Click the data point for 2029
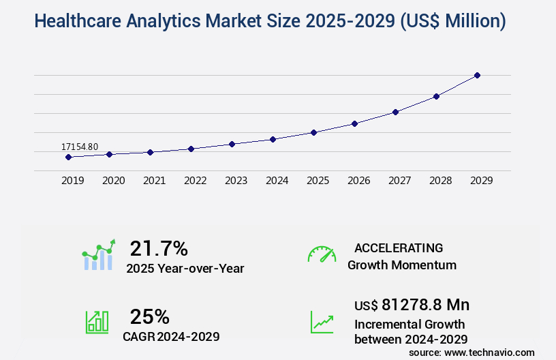(x=477, y=75)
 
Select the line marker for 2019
(x=68, y=157)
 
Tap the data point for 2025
(x=313, y=132)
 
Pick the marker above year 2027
(x=395, y=112)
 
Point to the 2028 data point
(x=436, y=96)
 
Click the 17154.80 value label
(x=80, y=147)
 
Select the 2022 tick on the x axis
(x=195, y=181)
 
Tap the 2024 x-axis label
(x=277, y=181)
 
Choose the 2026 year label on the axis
(x=358, y=181)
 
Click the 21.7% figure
(x=159, y=247)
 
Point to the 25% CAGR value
(x=149, y=316)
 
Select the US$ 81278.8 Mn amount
(x=412, y=304)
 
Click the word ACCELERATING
(x=399, y=247)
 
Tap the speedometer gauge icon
(x=322, y=254)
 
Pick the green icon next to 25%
(x=97, y=322)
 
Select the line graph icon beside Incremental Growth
(x=322, y=322)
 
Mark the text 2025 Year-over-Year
(x=185, y=269)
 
